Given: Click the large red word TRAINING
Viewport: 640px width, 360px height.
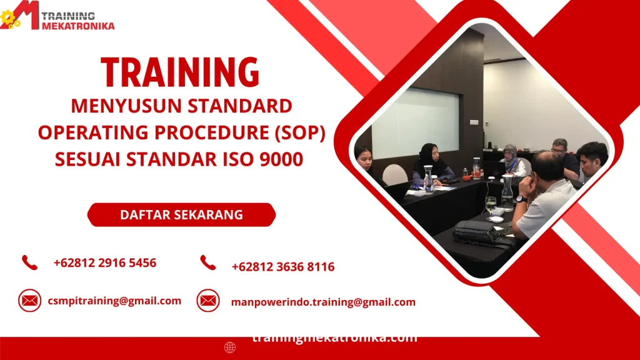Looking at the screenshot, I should (x=180, y=72).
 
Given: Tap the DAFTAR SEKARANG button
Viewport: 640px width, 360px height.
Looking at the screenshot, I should (x=181, y=215).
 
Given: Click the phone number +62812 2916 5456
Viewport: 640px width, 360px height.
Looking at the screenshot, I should (x=105, y=262).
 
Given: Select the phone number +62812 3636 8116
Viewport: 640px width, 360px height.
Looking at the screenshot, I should (x=282, y=267).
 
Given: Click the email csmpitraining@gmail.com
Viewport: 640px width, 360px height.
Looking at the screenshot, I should (x=114, y=301).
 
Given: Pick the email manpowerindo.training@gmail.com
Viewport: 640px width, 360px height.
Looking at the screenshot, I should (x=323, y=302).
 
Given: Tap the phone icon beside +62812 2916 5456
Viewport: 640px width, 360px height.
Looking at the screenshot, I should (x=29, y=262).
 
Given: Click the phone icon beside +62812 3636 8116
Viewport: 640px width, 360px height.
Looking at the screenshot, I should (x=208, y=263).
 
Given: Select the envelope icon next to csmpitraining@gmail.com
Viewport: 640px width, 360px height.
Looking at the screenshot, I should (x=29, y=301).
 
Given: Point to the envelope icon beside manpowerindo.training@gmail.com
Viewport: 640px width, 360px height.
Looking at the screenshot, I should (x=208, y=301).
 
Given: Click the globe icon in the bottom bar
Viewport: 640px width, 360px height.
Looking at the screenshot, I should (x=230, y=347).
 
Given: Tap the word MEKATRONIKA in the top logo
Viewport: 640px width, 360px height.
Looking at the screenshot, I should (x=78, y=26).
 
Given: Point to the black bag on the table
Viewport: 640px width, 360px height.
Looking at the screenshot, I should (x=478, y=232).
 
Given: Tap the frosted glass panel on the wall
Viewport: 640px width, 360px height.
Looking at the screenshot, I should (x=415, y=122).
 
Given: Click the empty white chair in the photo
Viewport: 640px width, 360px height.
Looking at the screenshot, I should (x=394, y=175).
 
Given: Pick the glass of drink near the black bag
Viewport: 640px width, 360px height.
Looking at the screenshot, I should (x=491, y=205).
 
